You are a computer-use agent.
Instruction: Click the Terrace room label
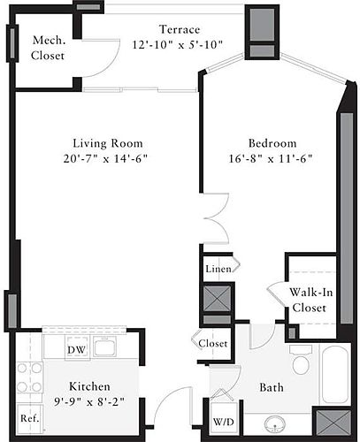tap(180, 29)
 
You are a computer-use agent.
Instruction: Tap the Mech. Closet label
tap(48, 48)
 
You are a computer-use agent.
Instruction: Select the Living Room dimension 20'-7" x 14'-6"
tap(105, 159)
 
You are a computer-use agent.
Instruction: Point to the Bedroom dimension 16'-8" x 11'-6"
tap(271, 159)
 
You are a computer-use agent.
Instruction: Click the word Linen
tap(218, 269)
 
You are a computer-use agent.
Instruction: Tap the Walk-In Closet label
tap(310, 300)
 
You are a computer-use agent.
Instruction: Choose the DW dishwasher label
tap(76, 350)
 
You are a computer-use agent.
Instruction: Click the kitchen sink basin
tap(104, 347)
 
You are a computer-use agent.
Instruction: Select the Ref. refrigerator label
tap(30, 418)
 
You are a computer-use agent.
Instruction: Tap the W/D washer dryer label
tap(224, 422)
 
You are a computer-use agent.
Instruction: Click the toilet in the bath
tap(301, 360)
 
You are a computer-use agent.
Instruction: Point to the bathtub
tap(334, 375)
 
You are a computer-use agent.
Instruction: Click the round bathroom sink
tap(275, 424)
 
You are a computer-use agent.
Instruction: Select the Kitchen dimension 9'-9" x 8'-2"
tap(89, 401)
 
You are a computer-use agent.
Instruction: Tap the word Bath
tap(272, 387)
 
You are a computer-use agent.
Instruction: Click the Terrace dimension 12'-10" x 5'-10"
tap(177, 45)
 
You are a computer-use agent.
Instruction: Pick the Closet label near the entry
tap(213, 343)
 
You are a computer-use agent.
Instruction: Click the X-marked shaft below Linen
tap(218, 298)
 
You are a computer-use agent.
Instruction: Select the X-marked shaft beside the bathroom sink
tap(333, 423)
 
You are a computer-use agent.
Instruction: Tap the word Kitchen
tap(89, 386)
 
